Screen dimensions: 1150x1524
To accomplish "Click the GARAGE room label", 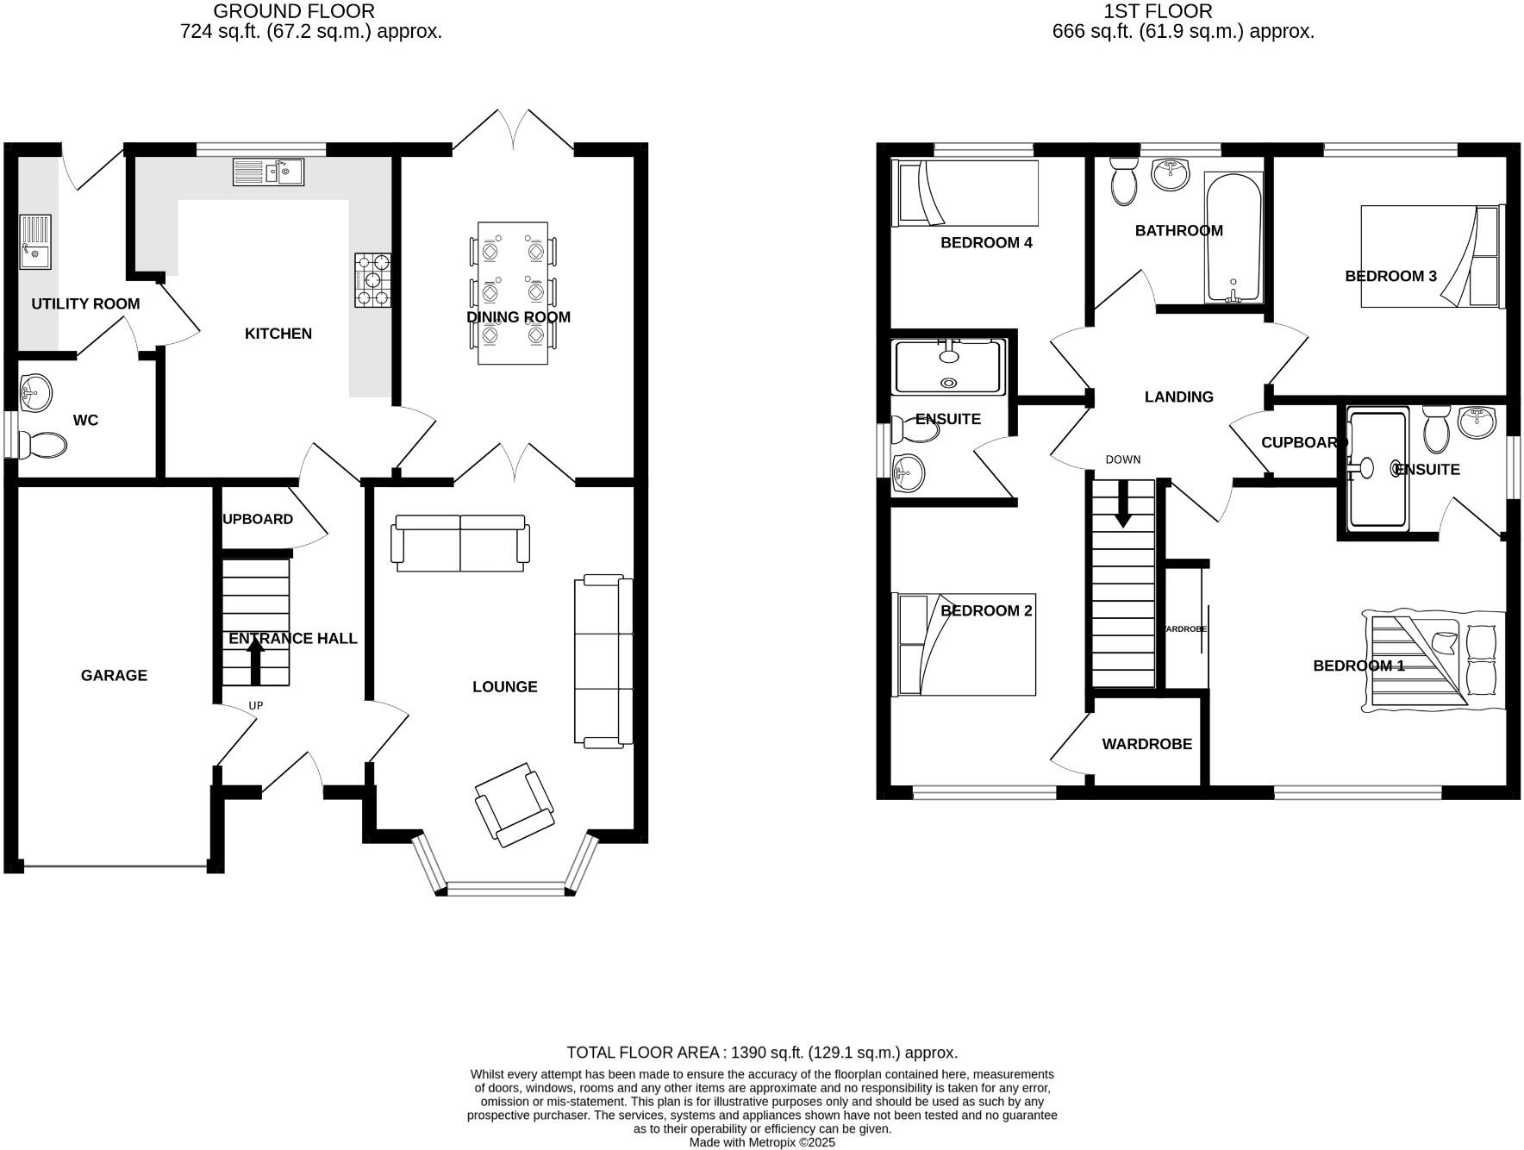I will [x=114, y=675].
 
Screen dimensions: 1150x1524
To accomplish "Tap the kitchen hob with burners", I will [x=372, y=280].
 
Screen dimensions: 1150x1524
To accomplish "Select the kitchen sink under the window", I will [x=268, y=172].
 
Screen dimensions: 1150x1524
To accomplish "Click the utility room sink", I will [x=35, y=242].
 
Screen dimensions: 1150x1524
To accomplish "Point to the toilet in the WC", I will [x=44, y=446].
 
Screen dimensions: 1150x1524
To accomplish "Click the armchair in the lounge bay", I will [x=515, y=803].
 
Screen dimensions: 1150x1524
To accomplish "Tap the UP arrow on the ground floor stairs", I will [x=255, y=664].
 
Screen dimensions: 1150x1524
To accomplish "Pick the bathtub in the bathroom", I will [x=1233, y=237].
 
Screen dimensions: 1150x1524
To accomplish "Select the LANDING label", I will [x=1178, y=397].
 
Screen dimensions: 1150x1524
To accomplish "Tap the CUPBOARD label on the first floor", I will [x=1302, y=442].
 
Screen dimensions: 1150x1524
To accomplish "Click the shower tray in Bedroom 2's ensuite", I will [x=949, y=367].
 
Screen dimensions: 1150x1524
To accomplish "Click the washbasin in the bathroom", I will [x=1171, y=174].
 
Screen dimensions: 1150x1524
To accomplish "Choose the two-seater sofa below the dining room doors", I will [x=460, y=543].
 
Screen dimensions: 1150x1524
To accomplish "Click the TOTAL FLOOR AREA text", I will [x=762, y=1053].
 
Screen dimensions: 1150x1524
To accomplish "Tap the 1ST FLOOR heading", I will [x=1158, y=11].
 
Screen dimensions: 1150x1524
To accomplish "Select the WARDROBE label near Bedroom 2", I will [x=1146, y=744].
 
